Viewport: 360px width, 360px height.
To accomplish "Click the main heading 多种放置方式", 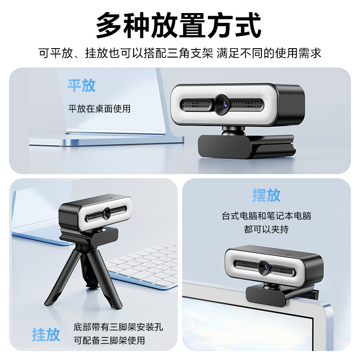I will pyautogui.click(x=179, y=25).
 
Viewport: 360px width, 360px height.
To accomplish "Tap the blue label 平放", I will pyautogui.click(x=81, y=85).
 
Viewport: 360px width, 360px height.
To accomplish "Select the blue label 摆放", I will pyautogui.click(x=266, y=195).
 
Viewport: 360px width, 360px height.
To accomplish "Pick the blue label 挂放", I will pyautogui.click(x=45, y=334).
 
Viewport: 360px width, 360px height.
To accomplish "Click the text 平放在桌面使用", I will pyautogui.click(x=99, y=108).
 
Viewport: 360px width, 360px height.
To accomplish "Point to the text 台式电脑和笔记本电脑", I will pyautogui.click(x=266, y=216).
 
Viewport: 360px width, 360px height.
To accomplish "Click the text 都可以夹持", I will pyautogui.click(x=266, y=229).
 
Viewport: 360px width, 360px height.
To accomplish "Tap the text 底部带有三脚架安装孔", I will pyautogui.click(x=118, y=327).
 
